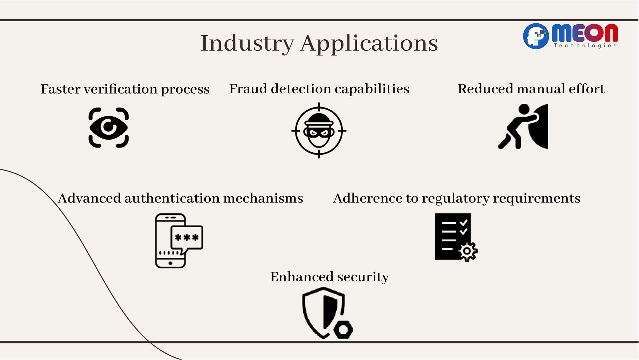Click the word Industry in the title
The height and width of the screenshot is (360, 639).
pos(247,43)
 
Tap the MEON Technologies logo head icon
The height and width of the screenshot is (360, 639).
pos(535,36)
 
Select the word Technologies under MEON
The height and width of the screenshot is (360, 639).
pos(585,46)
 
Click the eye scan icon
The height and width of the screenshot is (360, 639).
pos(108,128)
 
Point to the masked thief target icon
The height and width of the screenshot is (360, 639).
pos(319,131)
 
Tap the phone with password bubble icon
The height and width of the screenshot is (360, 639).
pos(179,240)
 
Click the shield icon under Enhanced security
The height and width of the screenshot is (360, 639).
pos(324,311)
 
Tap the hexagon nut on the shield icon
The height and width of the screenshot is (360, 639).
pos(343,330)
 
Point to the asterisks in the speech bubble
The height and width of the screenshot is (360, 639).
pos(187,237)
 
